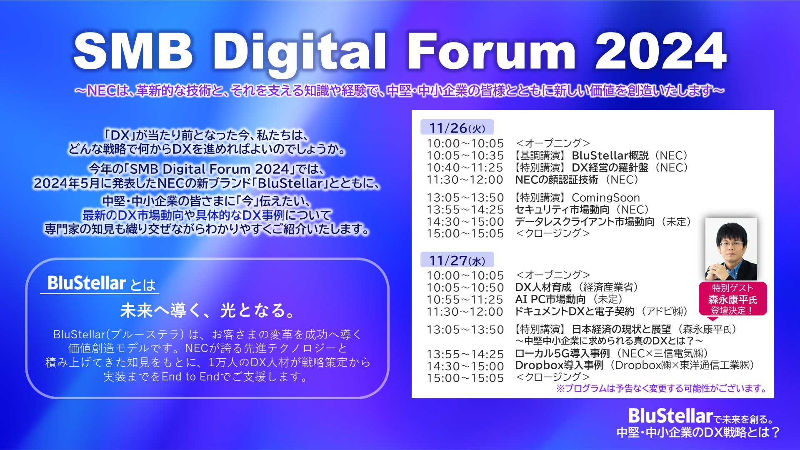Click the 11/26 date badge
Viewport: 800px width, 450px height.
(457, 127)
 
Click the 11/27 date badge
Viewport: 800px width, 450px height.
(457, 260)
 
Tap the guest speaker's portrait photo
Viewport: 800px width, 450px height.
(731, 249)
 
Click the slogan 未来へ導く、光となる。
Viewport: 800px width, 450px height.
(208, 310)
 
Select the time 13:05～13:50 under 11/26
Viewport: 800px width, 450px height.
(465, 197)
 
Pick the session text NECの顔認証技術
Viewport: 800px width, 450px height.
(557, 180)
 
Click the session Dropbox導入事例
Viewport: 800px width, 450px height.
(559, 365)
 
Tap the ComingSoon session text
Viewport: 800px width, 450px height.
(605, 197)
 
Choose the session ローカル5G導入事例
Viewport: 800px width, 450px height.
(562, 353)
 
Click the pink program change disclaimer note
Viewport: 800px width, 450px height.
(662, 388)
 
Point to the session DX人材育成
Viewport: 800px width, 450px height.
(543, 287)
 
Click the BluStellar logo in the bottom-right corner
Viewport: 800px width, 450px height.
(670, 416)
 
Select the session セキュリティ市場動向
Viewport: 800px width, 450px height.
(562, 210)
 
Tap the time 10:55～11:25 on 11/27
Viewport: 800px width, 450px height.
(465, 300)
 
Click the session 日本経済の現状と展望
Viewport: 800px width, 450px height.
(621, 329)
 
